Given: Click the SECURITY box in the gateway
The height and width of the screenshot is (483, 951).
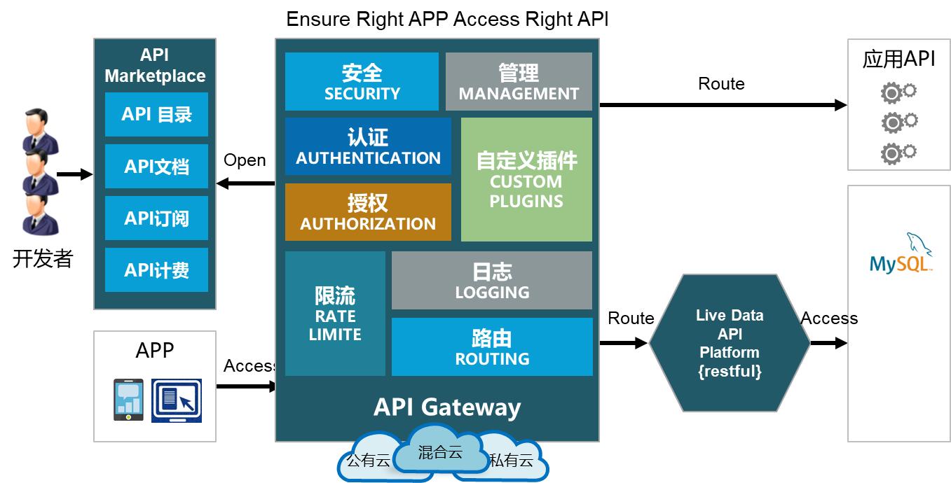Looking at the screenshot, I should pos(362,81).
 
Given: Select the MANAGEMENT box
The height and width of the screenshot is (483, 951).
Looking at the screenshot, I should pos(519,81).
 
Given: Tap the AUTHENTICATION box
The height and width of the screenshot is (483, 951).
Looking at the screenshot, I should pos(368,146).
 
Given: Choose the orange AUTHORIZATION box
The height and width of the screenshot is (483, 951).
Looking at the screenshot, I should pos(368,212).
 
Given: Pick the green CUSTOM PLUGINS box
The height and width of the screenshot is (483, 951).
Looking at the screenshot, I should pos(526,179).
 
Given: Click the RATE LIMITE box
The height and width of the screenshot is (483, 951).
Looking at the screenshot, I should pos(335,314).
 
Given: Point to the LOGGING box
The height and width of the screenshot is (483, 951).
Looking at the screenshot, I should pos(492,280).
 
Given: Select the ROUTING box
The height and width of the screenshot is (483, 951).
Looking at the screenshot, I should pos(492,347).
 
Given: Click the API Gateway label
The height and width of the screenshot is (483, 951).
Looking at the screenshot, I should pos(447,407).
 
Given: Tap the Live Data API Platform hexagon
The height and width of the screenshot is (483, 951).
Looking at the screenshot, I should pos(730,343).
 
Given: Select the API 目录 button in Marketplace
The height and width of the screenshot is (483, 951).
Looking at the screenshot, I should pos(156,114).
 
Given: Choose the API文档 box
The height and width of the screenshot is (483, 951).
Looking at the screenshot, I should pos(156,167).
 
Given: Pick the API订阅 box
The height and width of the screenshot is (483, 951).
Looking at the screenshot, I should pos(156,218).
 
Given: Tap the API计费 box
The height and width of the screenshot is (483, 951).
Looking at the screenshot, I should pos(156,269).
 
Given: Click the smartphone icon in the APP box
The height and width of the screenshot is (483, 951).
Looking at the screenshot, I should pos(128,400).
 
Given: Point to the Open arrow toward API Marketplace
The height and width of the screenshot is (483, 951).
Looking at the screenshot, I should pos(245,183).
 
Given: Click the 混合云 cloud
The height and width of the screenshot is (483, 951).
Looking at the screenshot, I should pos(440,452).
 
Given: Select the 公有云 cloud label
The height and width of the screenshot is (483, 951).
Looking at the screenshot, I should pos(367,461).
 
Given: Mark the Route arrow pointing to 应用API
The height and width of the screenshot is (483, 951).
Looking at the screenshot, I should pos(723,105).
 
